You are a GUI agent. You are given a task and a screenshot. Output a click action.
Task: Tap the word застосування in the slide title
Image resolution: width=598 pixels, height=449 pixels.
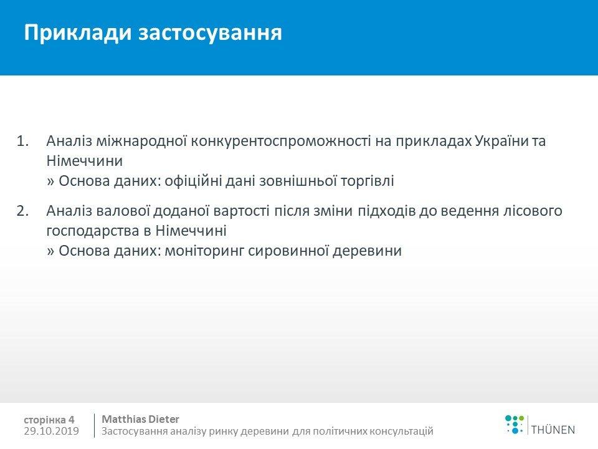(210, 33)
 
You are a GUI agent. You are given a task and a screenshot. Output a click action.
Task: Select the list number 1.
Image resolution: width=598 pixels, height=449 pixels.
(22, 142)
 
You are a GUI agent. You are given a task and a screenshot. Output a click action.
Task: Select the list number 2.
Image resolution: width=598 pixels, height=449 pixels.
(22, 211)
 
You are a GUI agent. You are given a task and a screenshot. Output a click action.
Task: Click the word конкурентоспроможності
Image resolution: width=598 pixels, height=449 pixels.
(281, 142)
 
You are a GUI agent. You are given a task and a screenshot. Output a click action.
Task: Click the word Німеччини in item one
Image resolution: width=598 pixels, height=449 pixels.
(85, 161)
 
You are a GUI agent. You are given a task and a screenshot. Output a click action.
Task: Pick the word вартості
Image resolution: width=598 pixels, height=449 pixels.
(242, 211)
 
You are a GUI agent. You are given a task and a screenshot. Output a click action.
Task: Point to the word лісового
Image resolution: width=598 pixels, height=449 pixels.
(533, 211)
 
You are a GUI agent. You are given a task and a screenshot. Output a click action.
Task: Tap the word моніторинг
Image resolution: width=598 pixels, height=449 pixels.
(204, 251)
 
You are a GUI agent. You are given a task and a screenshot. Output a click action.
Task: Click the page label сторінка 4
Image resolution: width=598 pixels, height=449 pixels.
(49, 420)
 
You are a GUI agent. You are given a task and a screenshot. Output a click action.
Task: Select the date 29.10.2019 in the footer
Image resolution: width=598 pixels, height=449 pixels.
(52, 431)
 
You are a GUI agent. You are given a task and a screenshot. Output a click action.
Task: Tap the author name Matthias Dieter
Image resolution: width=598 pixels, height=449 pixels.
(140, 419)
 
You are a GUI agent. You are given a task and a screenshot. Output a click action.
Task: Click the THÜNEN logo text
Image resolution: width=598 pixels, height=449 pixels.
(553, 430)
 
